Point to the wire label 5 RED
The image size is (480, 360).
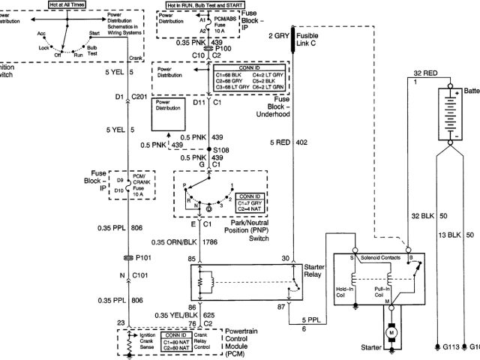279,142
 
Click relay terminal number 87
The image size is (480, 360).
280,307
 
